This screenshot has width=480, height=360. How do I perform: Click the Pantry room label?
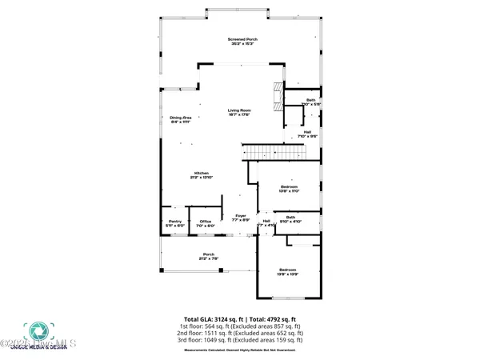(175, 224)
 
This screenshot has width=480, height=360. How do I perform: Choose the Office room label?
(206, 224)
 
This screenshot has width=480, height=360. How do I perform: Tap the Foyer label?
(241, 218)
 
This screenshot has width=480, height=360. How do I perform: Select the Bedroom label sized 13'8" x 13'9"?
(287, 273)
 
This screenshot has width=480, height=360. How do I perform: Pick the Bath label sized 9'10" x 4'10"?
(290, 219)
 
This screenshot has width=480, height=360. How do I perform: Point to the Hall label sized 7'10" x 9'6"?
(307, 134)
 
